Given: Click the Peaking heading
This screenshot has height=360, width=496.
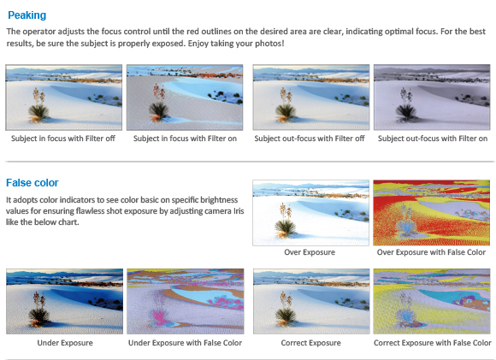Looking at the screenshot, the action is pyautogui.click(x=27, y=15).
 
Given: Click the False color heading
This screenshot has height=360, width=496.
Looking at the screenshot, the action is pyautogui.click(x=32, y=182).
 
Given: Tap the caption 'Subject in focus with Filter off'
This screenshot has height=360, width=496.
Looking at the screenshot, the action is pyautogui.click(x=63, y=139).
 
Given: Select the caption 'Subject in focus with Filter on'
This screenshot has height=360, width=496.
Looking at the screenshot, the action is pyautogui.click(x=185, y=139).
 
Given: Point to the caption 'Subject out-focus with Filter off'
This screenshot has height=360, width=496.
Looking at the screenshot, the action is pyautogui.click(x=310, y=139).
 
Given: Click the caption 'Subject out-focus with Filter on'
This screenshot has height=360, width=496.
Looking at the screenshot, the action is pyautogui.click(x=433, y=139).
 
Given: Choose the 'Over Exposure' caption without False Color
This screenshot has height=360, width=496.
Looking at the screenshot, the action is pyautogui.click(x=310, y=252).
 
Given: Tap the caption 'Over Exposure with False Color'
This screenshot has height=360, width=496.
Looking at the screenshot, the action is pyautogui.click(x=431, y=252).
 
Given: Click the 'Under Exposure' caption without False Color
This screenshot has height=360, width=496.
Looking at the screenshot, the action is pyautogui.click(x=65, y=343).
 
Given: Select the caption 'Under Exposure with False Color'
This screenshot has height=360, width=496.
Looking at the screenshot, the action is pyautogui.click(x=185, y=343).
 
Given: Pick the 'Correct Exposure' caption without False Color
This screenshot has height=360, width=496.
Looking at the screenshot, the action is pyautogui.click(x=311, y=343).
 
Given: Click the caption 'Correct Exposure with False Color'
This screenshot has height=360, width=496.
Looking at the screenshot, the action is pyautogui.click(x=433, y=343).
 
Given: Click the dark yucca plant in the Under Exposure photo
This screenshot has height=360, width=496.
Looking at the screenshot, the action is pyautogui.click(x=38, y=310).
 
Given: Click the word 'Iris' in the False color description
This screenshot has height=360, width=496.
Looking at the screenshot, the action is pyautogui.click(x=239, y=210).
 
